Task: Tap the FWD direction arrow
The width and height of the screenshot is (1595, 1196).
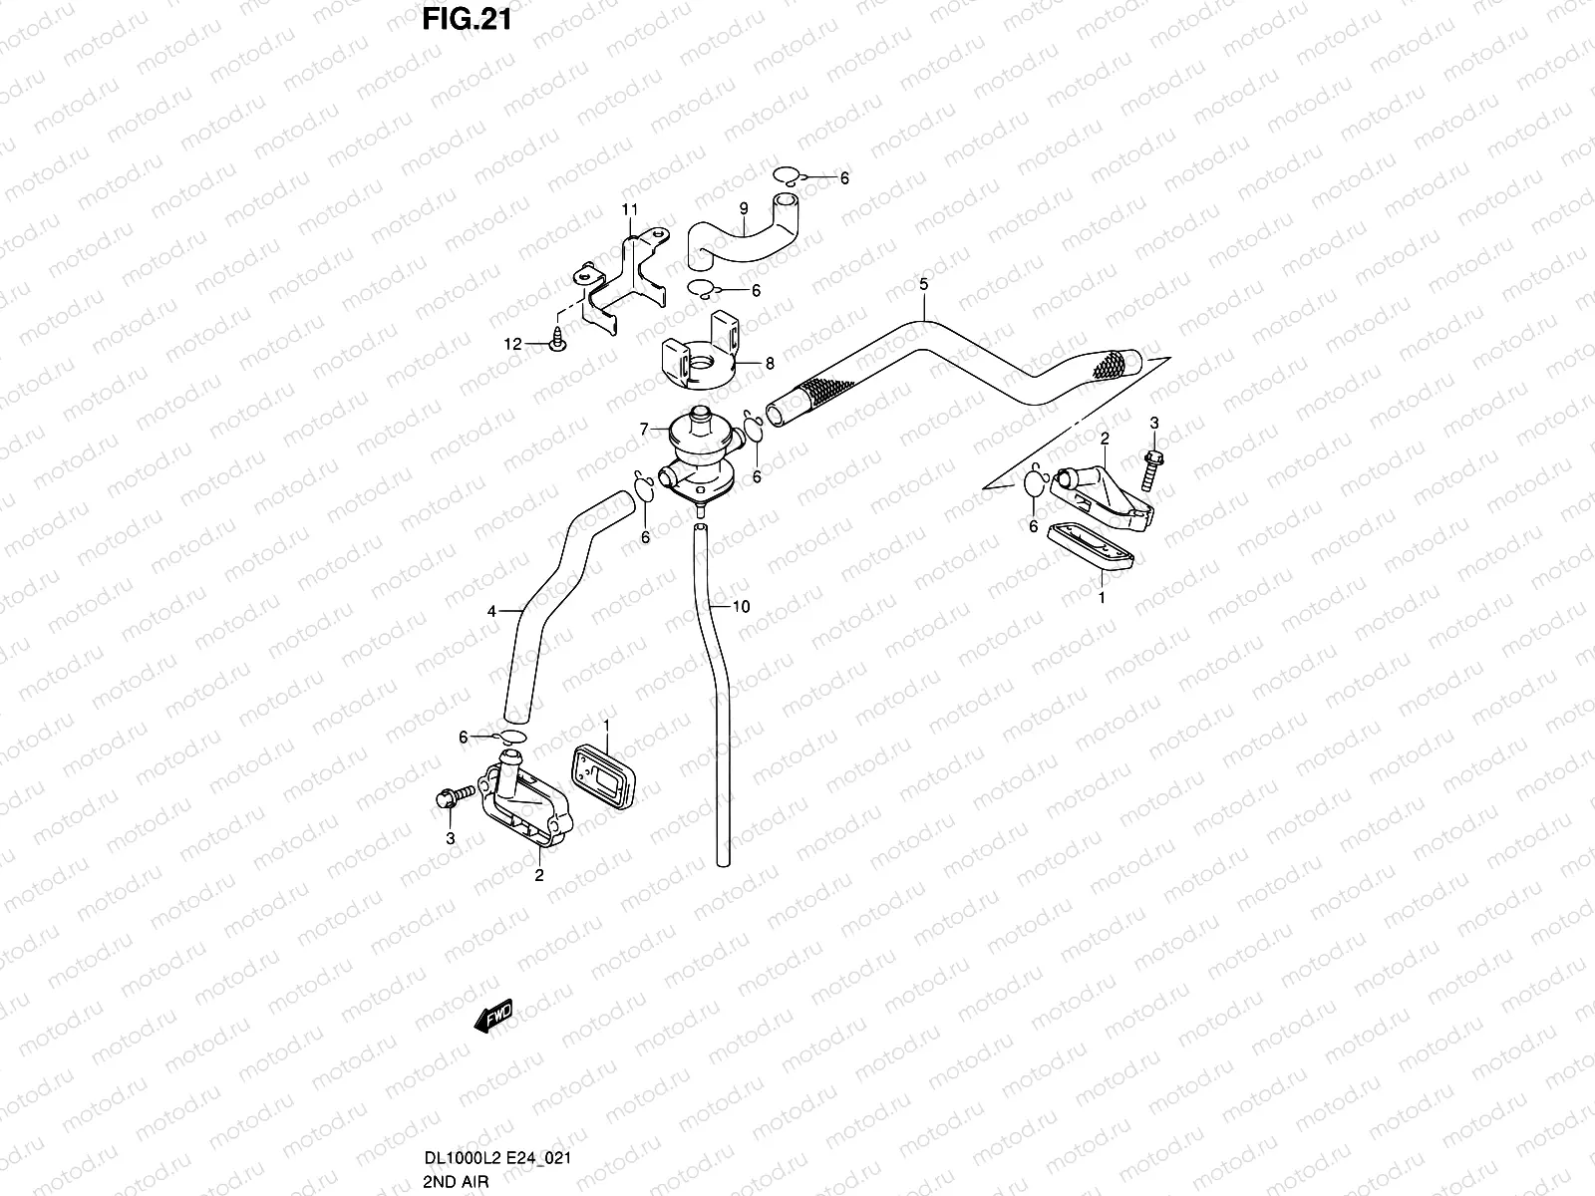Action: click(493, 1016)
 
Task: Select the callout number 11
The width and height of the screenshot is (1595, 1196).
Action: click(629, 209)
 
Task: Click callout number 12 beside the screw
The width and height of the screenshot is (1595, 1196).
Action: click(512, 345)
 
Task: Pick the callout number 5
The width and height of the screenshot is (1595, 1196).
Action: click(923, 285)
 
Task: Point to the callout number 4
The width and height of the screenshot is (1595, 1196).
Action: click(491, 612)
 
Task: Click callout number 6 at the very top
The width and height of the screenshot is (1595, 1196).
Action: click(844, 178)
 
